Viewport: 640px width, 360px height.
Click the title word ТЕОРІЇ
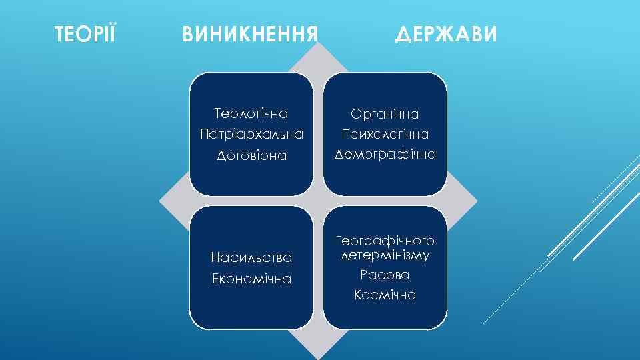pos(85,33)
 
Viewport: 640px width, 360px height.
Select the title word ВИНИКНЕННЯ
pos(249,33)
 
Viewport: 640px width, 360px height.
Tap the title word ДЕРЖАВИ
pos(446,33)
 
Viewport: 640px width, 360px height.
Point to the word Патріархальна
pos(251,134)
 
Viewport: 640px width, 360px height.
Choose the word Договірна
pos(251,155)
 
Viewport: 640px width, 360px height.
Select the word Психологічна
pos(385,134)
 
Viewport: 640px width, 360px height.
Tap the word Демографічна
pos(385,155)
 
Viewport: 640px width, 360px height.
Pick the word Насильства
pos(251,257)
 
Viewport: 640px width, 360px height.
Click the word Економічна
pos(251,279)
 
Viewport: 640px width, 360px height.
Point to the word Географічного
pos(385,240)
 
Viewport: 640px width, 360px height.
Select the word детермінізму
pos(385,255)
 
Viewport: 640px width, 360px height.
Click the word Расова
pos(385,275)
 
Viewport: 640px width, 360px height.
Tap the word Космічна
pos(385,295)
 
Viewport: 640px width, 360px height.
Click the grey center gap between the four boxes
pos(318,201)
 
